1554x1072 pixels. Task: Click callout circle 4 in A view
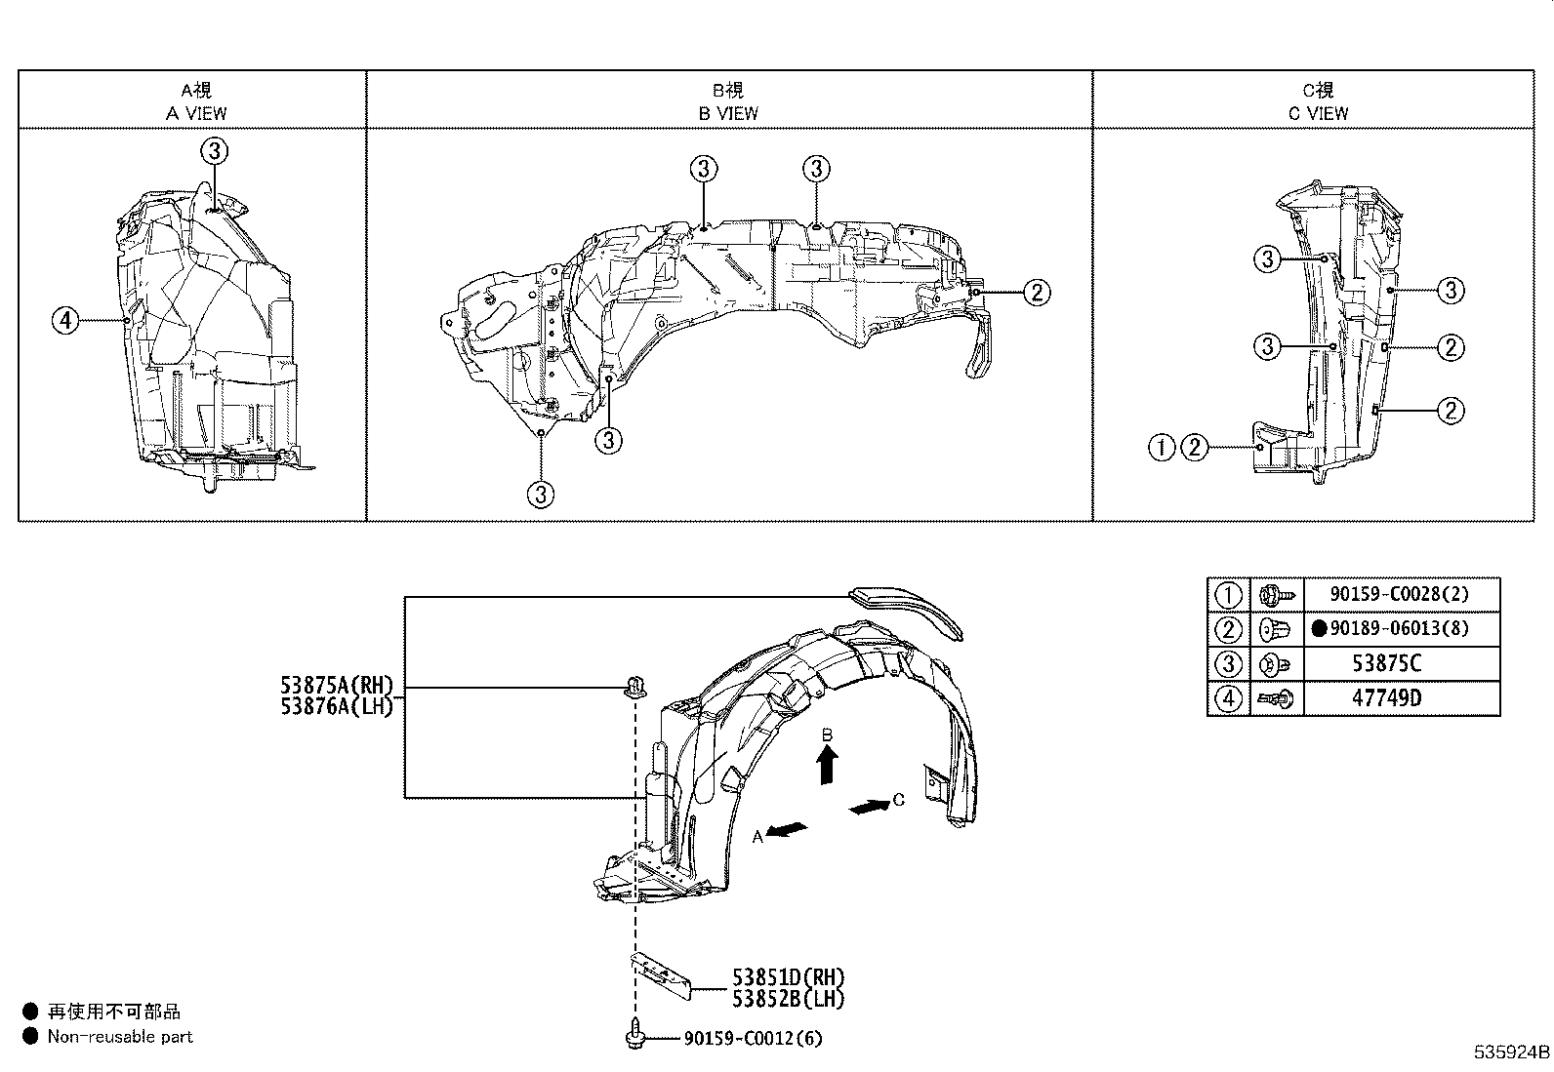[x=65, y=319]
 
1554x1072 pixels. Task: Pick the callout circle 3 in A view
[x=215, y=150]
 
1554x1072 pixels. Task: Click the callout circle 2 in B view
[x=1036, y=291]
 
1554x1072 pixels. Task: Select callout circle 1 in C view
[x=1162, y=448]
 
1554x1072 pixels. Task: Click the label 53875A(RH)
[x=336, y=687]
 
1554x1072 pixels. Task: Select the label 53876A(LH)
[x=336, y=706]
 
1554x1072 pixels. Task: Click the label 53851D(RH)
[x=788, y=976]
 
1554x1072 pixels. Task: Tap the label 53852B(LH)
[x=788, y=998]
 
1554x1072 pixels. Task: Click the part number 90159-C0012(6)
[x=753, y=1039]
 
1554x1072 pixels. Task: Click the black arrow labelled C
[x=869, y=807]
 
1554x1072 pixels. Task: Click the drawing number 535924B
[x=1511, y=1053]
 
